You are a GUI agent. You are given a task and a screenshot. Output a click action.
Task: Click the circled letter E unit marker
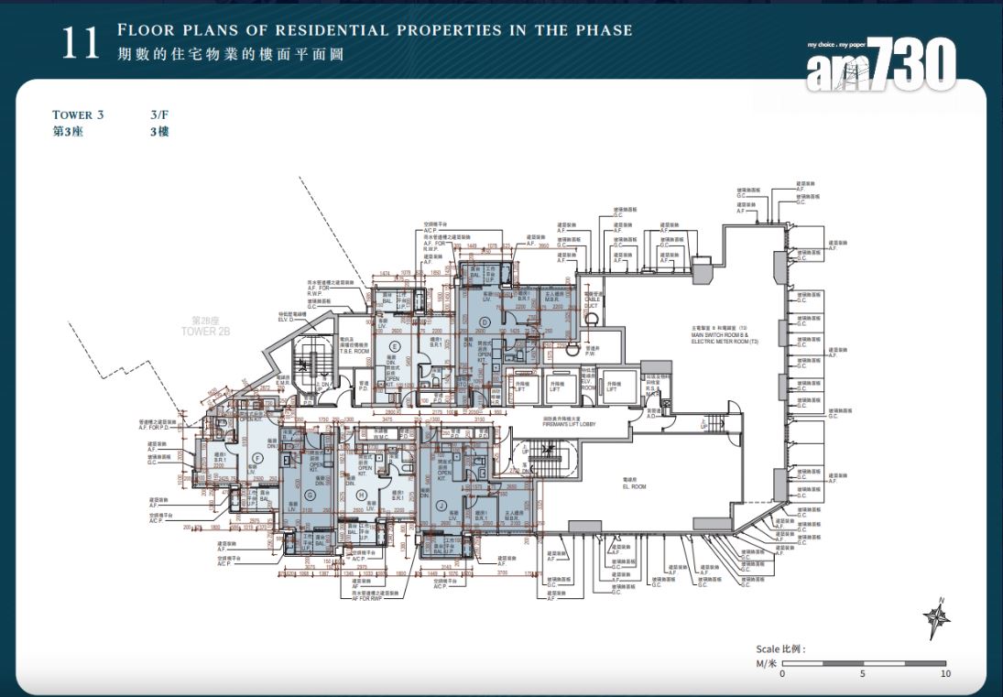(x=394, y=346)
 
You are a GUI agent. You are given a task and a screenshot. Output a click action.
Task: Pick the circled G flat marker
(x=310, y=495)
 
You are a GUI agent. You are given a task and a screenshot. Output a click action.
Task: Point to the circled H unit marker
(x=361, y=496)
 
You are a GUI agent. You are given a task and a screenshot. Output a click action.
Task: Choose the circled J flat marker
(x=442, y=504)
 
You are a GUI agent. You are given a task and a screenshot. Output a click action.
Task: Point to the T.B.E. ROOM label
(x=354, y=351)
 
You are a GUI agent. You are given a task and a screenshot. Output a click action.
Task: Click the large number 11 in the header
(x=80, y=43)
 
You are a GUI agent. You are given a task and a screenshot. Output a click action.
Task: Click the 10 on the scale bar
(x=945, y=674)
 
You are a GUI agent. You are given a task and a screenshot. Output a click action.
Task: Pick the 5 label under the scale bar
(x=863, y=674)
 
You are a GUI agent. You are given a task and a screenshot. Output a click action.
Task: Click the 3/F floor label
(x=159, y=115)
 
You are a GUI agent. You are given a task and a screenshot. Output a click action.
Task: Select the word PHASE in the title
(x=602, y=30)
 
